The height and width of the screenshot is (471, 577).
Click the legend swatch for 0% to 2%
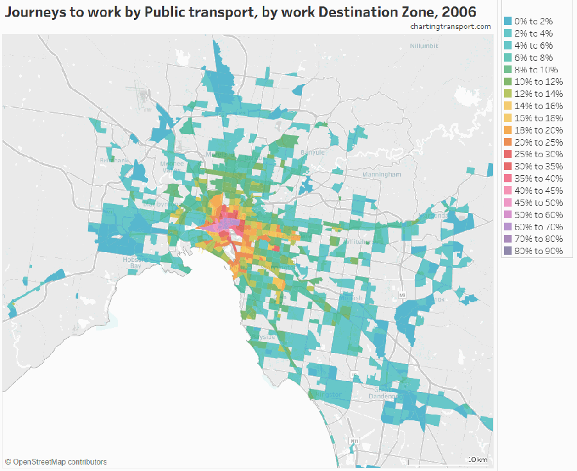pos(508,21)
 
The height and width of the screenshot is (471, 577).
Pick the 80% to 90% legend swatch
pos(508,252)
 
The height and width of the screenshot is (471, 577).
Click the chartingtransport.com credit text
pos(451,26)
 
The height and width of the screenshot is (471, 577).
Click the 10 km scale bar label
pos(478,460)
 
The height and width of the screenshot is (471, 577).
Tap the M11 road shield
pos(354,441)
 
